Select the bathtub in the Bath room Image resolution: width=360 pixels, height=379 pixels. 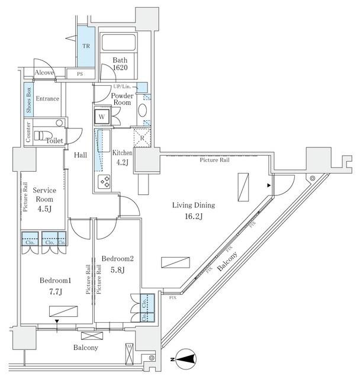[118, 43]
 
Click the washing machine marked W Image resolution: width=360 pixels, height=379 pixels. [102, 117]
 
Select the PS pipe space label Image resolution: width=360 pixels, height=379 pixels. [79, 73]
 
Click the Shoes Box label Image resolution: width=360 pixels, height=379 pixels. [28, 99]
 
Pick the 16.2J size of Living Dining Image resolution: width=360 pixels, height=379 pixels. [193, 217]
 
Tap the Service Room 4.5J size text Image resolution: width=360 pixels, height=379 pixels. [44, 208]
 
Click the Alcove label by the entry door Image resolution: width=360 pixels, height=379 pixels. [44, 73]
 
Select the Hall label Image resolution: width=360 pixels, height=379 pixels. [81, 155]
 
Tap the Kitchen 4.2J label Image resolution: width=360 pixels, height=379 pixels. [123, 158]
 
